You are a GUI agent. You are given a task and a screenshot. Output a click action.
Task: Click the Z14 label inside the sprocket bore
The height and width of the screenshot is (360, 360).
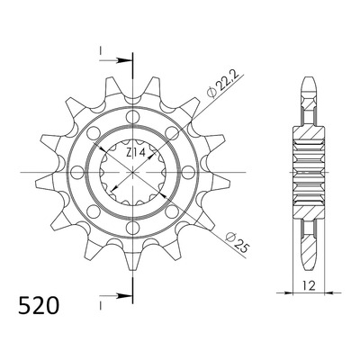point(136,153)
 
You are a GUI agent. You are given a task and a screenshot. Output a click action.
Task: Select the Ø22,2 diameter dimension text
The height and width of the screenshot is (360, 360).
point(223,85)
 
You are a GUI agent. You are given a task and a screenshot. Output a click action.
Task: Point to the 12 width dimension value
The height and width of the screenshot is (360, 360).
point(309,286)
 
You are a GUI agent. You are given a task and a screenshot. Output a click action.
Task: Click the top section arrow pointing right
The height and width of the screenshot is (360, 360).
point(116,60)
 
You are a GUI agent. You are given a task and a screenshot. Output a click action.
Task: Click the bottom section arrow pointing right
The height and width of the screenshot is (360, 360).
point(116,296)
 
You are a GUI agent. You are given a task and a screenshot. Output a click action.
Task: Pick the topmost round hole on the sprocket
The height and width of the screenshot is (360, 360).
point(132,117)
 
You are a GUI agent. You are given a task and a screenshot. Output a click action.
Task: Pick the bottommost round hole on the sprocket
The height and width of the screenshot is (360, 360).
point(132,228)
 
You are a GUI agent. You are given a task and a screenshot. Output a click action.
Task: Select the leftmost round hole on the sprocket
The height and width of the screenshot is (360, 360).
point(77,173)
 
